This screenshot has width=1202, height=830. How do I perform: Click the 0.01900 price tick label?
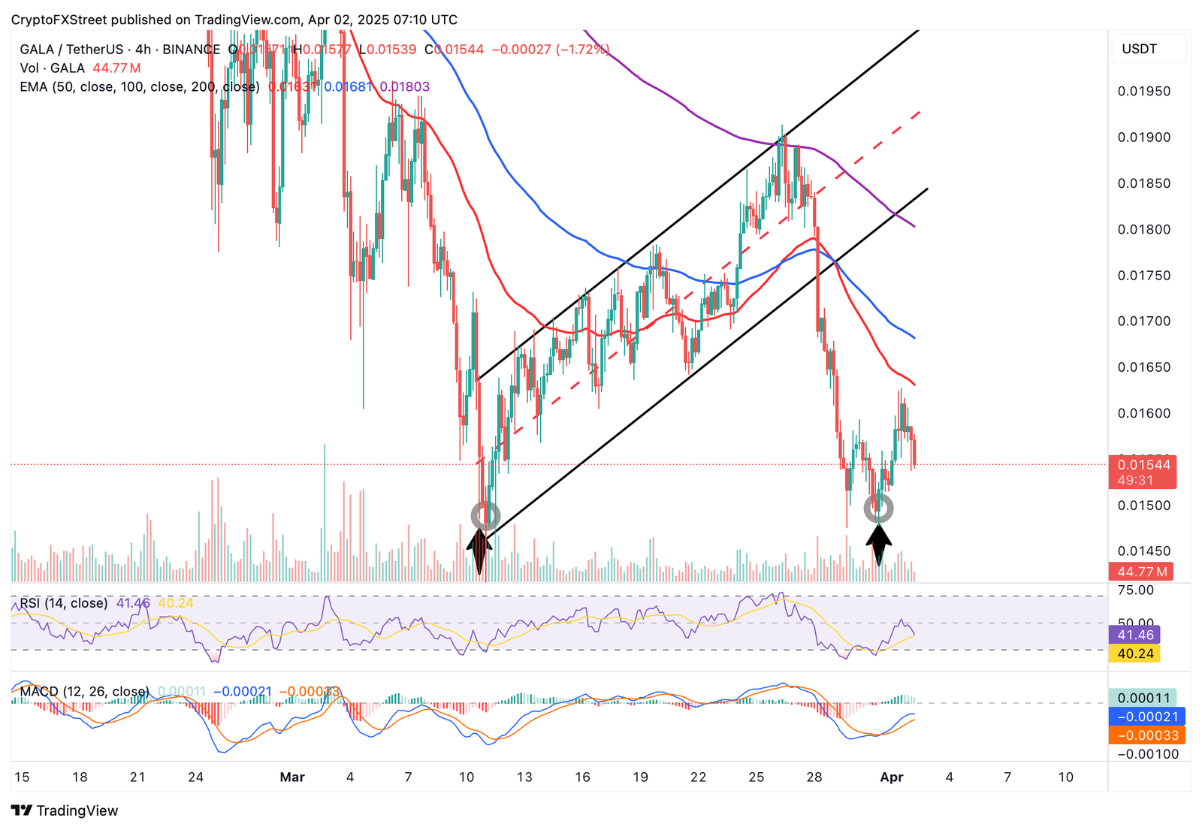1143,137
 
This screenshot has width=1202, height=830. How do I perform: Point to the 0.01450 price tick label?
1143,551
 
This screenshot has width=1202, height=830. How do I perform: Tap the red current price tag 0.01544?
1143,465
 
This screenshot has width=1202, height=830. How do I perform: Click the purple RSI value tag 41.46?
1135,635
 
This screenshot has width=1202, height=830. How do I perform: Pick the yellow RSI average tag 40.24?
1135,653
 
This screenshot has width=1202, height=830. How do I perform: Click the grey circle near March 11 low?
485,516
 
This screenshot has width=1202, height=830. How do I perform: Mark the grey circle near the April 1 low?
878,509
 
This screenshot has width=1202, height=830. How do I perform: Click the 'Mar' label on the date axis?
291,777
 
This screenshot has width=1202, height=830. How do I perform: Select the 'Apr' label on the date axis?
891,777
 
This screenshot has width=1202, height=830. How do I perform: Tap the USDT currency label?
1139,49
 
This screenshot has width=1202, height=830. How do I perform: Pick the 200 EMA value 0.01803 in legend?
405,87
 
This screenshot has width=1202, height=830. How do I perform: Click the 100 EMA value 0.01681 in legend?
348,87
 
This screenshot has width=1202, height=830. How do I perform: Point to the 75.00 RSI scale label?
1136,590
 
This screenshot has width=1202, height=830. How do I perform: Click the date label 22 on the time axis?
698,777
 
